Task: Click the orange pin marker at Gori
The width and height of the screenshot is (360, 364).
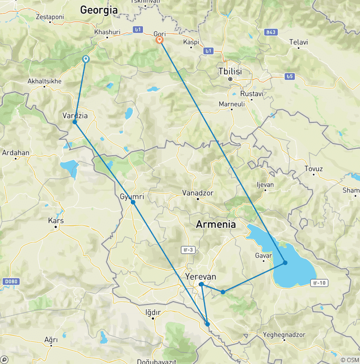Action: (x=159, y=40)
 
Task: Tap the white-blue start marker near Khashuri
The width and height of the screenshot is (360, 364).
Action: (x=86, y=59)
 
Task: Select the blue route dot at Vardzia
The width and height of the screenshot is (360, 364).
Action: (x=75, y=122)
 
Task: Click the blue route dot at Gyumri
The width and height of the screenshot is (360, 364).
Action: (x=133, y=202)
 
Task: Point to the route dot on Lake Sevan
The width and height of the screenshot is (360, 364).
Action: (x=285, y=262)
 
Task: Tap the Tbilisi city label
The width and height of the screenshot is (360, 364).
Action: (x=230, y=71)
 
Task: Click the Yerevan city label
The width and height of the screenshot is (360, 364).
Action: (x=201, y=277)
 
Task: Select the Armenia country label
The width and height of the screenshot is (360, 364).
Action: (x=216, y=224)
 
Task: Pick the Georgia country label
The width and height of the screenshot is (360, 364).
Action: (x=98, y=9)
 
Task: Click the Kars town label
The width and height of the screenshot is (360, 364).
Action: (x=56, y=220)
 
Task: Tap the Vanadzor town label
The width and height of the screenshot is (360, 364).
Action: (x=198, y=193)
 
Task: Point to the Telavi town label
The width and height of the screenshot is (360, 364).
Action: (x=299, y=42)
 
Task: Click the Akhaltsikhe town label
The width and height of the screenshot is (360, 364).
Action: (x=45, y=81)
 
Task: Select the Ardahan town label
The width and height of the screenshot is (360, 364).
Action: (x=15, y=152)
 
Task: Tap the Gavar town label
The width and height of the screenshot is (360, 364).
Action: (x=263, y=256)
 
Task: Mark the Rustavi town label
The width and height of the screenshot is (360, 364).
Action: (x=252, y=94)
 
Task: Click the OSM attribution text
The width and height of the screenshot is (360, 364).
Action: (x=349, y=359)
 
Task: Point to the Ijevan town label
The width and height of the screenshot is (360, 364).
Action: (x=265, y=185)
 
